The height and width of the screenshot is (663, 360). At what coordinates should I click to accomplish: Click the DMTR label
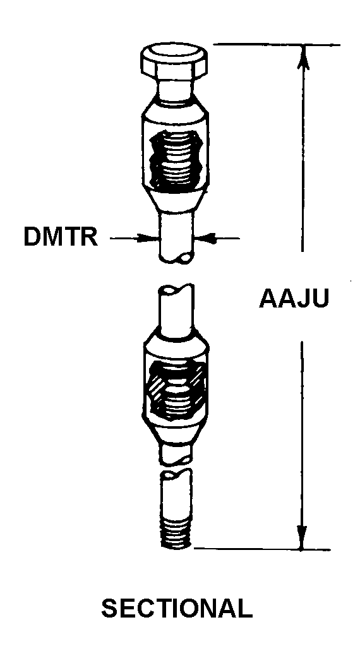point(61,237)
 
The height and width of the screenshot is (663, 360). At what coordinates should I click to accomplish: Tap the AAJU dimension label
point(294,298)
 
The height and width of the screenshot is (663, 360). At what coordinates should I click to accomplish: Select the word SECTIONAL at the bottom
point(177,609)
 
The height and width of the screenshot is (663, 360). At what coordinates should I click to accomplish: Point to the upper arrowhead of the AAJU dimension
point(303,56)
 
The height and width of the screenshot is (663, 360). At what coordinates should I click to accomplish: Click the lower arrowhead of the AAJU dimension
point(302,537)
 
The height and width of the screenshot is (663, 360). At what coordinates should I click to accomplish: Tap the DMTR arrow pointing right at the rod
point(135,239)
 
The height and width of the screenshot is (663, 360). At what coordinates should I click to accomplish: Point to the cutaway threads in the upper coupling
point(176,159)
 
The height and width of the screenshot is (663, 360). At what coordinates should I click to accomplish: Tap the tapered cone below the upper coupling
point(176,201)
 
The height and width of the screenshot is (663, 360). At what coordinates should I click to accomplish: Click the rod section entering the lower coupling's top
point(176,309)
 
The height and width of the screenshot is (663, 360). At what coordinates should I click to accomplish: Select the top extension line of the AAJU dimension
point(277,44)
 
